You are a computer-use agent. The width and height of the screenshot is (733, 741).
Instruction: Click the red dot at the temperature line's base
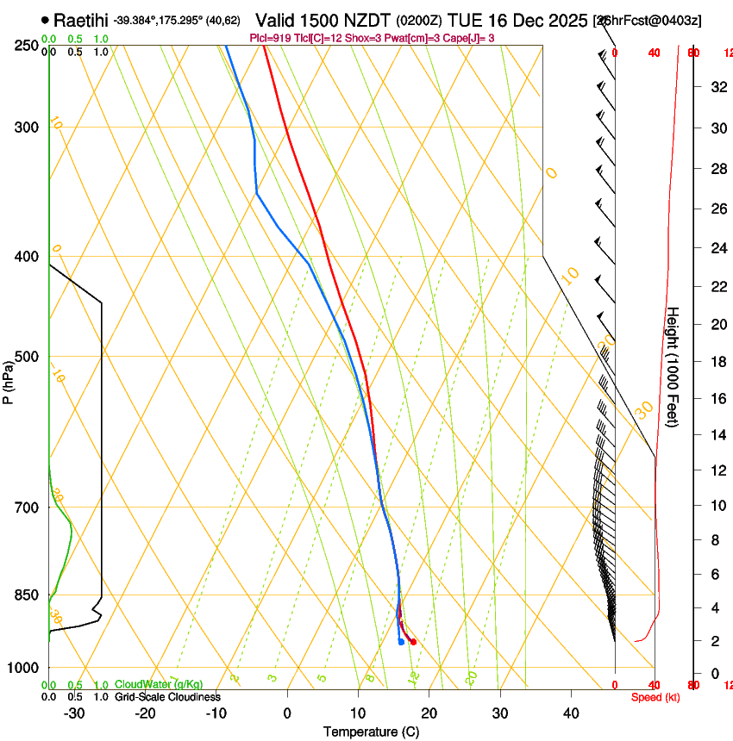(x=413, y=642)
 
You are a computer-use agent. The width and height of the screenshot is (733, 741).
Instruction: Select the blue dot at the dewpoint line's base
(x=401, y=642)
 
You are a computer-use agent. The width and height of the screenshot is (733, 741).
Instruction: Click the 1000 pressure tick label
(x=24, y=668)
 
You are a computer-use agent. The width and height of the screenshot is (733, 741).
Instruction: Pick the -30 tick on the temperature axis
(x=74, y=713)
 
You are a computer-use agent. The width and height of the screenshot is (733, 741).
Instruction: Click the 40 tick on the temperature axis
(x=571, y=713)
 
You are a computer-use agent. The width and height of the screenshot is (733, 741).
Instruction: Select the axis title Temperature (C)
(x=371, y=732)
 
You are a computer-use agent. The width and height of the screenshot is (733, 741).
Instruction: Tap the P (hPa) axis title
(x=8, y=378)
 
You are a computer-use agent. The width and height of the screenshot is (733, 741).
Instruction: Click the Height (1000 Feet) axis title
(x=673, y=367)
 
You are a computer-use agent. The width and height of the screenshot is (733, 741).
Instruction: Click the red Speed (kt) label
(x=655, y=697)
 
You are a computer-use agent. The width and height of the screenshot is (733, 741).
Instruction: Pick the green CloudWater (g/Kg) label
(x=159, y=684)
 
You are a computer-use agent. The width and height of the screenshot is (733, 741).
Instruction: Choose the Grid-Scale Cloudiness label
(x=167, y=696)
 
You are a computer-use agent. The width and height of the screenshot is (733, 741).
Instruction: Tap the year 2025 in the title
(x=566, y=20)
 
